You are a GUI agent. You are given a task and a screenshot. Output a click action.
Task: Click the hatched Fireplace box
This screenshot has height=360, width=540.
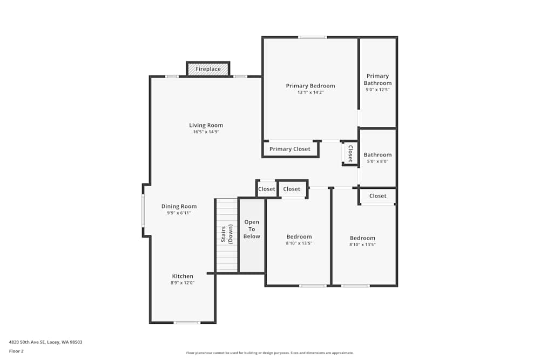pos(208,69)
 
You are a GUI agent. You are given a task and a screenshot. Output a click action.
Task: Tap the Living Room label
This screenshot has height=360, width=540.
pos(206,125)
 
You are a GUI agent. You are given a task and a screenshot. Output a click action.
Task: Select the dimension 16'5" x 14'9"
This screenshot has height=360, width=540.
pos(206,132)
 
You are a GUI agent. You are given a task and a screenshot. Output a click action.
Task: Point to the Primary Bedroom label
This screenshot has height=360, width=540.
pos(310,86)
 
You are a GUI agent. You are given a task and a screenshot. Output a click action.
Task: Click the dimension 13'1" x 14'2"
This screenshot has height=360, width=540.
pos(310,92)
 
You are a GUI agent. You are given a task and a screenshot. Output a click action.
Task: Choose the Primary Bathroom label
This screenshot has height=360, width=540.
pos(377,79)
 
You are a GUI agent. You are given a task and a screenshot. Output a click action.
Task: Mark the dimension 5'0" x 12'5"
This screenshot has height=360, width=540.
pos(377,90)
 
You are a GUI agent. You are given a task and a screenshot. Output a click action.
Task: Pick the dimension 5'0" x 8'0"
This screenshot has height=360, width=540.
pos(377,161)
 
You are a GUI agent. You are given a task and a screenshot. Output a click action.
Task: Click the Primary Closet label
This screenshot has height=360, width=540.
pos(290,149)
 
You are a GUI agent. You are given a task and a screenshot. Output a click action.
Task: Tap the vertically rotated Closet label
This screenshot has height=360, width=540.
pos(350,153)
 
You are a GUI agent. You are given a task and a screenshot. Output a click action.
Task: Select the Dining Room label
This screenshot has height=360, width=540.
pos(179,206)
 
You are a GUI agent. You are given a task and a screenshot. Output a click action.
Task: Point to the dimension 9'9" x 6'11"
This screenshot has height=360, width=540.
pos(179,213)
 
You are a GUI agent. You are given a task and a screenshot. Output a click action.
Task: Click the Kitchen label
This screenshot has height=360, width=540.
pos(183,276)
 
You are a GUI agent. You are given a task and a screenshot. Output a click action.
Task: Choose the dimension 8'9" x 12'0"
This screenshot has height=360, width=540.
pos(183,283)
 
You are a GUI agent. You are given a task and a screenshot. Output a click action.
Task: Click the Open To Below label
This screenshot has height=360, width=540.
pos(252,229)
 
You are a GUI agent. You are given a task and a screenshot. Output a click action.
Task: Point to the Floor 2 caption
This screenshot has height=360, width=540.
pos(16,351)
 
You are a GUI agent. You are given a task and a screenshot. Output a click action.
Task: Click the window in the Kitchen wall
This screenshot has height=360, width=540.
pos(187,323)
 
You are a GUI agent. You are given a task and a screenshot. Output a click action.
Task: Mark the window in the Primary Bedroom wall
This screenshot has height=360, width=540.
pos(312,37)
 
